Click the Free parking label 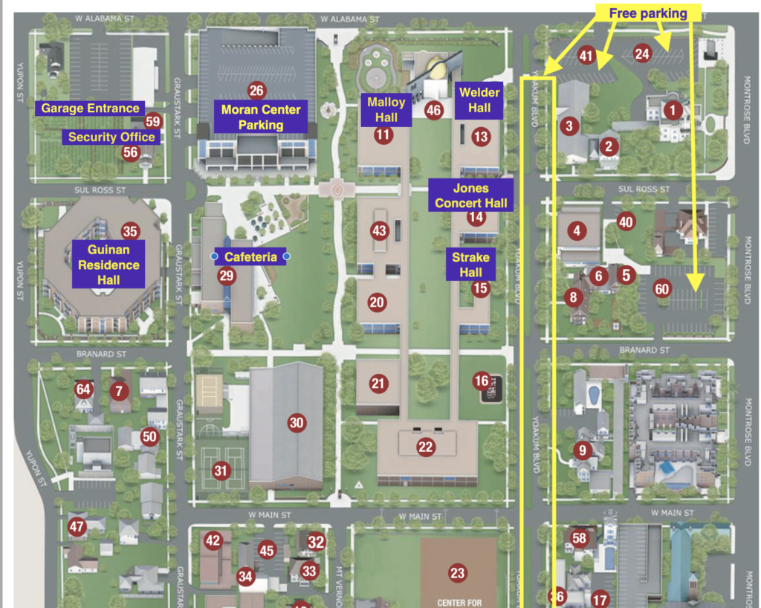point(648,13)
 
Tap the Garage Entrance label point(90,109)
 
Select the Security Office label point(111,137)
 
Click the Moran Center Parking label point(261,117)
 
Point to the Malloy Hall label point(386,110)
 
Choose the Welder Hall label point(479,100)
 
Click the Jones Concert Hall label point(470,195)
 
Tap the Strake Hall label point(470,265)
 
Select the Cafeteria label point(250,257)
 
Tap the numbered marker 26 point(256,91)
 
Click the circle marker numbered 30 point(297,423)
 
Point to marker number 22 point(425,447)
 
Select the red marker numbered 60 point(661,288)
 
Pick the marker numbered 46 point(434,111)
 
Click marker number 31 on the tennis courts point(219,470)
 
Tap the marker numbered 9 point(581,450)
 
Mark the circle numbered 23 point(457,572)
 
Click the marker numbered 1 point(673,111)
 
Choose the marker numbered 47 point(77,526)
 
